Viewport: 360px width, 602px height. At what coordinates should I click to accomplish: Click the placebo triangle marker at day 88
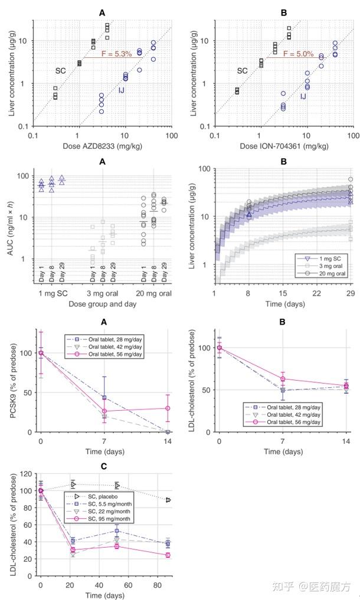tap(168, 500)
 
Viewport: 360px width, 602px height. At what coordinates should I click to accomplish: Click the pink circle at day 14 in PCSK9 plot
tap(168, 408)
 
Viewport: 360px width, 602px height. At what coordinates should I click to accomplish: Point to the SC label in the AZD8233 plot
tap(60, 71)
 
